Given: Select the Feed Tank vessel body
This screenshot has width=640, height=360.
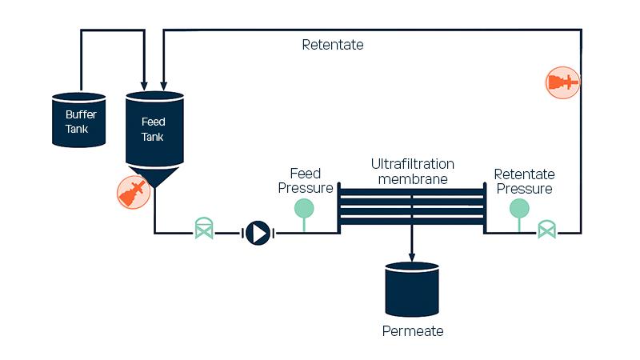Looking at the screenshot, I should [154, 128].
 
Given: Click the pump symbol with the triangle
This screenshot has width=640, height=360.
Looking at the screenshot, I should [258, 233].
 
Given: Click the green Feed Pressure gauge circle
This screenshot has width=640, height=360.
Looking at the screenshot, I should [304, 208].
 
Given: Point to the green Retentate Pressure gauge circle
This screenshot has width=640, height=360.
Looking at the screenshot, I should [519, 208].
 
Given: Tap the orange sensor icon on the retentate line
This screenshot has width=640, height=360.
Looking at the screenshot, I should [562, 82].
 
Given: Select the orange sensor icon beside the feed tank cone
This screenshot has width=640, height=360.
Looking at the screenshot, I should [134, 192].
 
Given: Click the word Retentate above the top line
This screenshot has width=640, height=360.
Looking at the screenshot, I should [332, 45].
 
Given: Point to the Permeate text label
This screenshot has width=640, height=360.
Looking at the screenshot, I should [412, 330].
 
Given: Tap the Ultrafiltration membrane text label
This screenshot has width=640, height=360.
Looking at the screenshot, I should [409, 171].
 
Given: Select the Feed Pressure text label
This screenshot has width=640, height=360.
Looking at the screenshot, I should [305, 180].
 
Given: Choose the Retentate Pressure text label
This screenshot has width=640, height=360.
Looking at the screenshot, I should [524, 182].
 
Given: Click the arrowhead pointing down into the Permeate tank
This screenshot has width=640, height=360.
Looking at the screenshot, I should [412, 257].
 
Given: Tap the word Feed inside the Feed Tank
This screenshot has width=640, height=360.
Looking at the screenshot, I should [153, 122].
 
